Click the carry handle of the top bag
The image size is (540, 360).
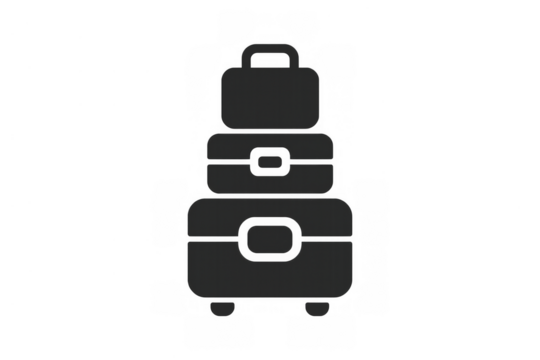pos(269,46)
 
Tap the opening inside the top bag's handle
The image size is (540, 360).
pos(269,59)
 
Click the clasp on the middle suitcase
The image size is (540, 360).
pos(269,161)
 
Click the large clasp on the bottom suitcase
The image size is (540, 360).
pos(269,240)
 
